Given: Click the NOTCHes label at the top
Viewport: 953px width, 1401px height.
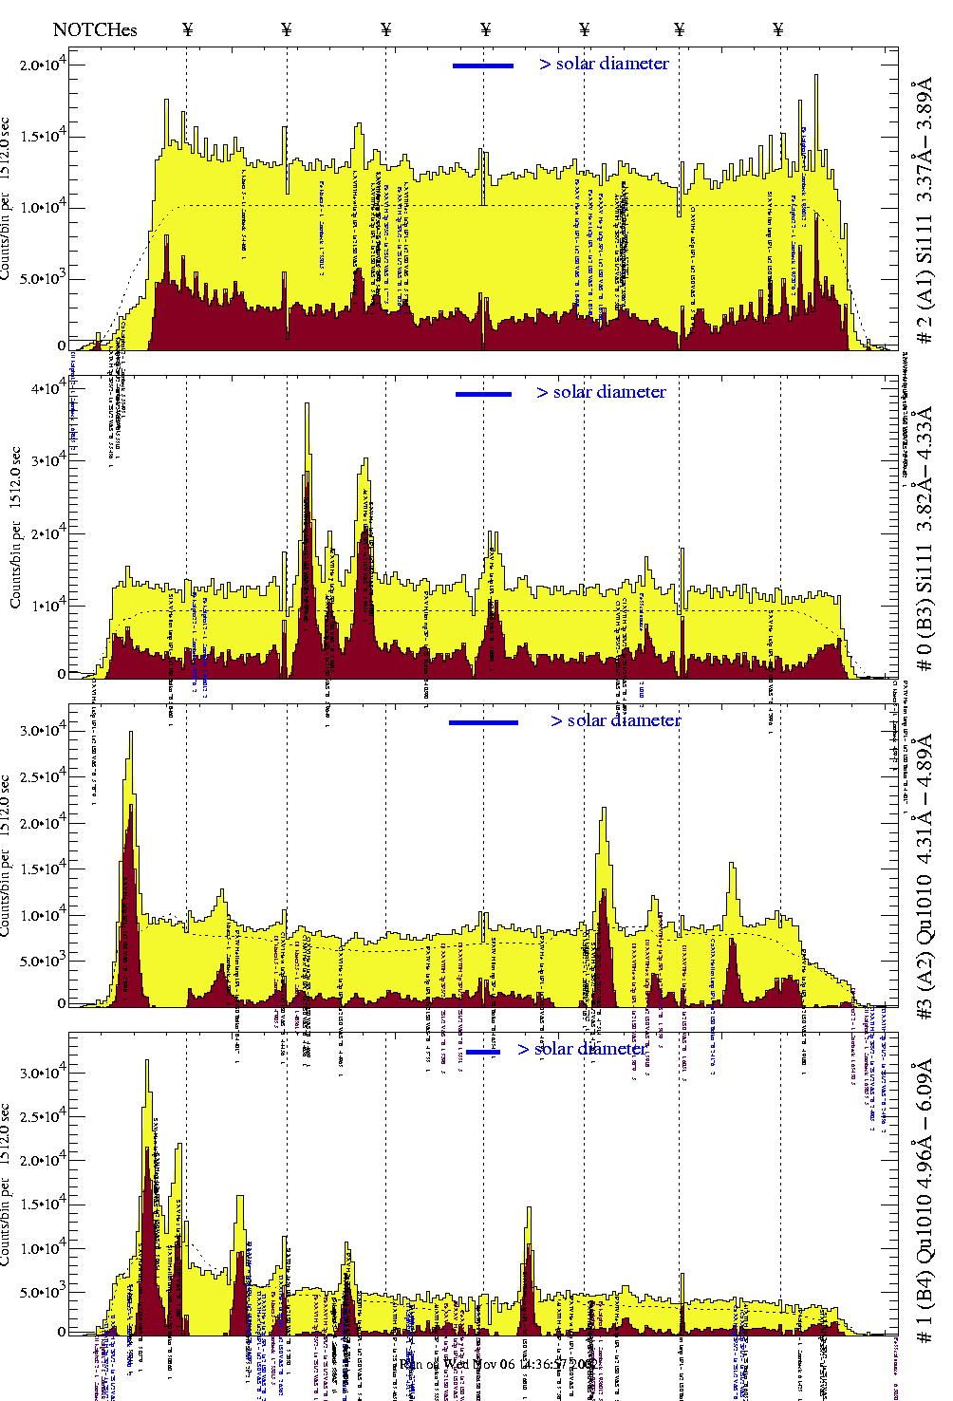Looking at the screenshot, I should pyautogui.click(x=95, y=29).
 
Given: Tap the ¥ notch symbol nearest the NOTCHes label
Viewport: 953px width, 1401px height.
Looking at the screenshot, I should pyautogui.click(x=187, y=29).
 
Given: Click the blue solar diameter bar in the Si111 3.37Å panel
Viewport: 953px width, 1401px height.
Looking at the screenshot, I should pyautogui.click(x=483, y=65).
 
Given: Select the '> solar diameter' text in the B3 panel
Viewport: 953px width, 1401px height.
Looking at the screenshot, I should pyautogui.click(x=601, y=392).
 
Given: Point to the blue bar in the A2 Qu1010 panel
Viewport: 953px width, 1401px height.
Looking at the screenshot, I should pyautogui.click(x=483, y=722).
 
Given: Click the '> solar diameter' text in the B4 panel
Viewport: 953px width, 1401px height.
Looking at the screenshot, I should pyautogui.click(x=582, y=1049).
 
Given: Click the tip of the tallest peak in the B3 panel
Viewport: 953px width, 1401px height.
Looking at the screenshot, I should pyautogui.click(x=307, y=404).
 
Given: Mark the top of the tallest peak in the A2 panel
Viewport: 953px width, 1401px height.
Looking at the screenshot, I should pyautogui.click(x=130, y=733).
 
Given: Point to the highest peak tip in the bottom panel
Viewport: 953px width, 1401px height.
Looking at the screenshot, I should pyautogui.click(x=146, y=1062).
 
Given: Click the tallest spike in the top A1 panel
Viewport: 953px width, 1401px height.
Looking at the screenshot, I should pyautogui.click(x=815, y=76).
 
